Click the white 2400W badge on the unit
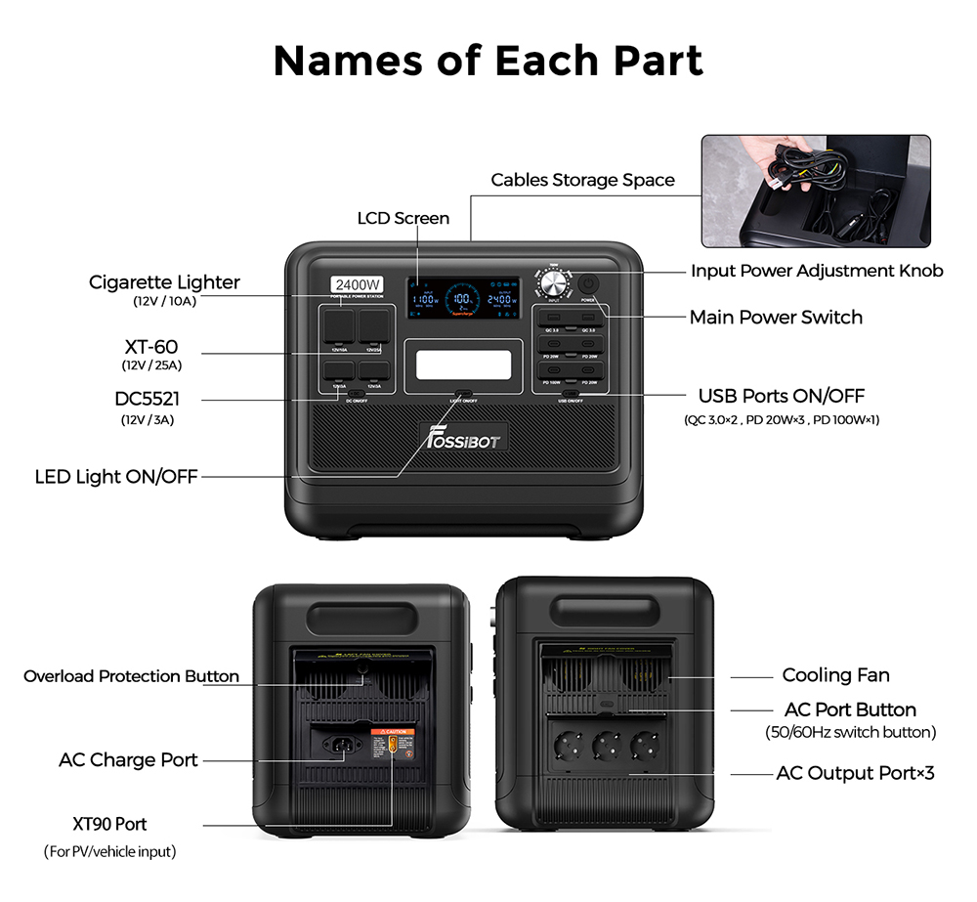pyautogui.click(x=358, y=285)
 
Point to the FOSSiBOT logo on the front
pyautogui.click(x=463, y=437)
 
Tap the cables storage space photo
pyautogui.click(x=816, y=191)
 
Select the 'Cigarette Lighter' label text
pyautogui.click(x=164, y=282)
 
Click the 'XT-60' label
pyautogui.click(x=151, y=347)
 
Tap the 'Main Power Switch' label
pyautogui.click(x=776, y=317)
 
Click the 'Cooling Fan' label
pyautogui.click(x=835, y=675)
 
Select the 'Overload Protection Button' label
pyautogui.click(x=131, y=676)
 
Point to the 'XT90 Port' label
pyautogui.click(x=109, y=824)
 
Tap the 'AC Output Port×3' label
pyautogui.click(x=855, y=773)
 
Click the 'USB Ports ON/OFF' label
pyautogui.click(x=781, y=397)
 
